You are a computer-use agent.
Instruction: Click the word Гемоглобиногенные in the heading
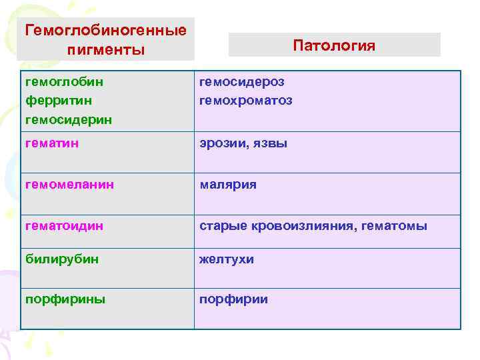pyautogui.click(x=105, y=31)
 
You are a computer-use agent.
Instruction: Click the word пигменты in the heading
pyautogui.click(x=105, y=49)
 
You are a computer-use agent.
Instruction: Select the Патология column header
pyautogui.click(x=334, y=45)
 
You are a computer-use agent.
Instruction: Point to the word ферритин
pyautogui.click(x=58, y=101)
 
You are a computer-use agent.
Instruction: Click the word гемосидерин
pyautogui.click(x=68, y=120)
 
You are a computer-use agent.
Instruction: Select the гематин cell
pyautogui.click(x=52, y=143)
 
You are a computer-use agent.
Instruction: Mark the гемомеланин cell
pyautogui.click(x=69, y=184)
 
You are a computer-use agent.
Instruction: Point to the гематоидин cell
pyautogui.click(x=64, y=226)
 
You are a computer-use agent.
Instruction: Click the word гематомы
pyautogui.click(x=394, y=226)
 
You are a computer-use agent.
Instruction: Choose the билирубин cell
pyautogui.click(x=61, y=259)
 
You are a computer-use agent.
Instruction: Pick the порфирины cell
pyautogui.click(x=65, y=299)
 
